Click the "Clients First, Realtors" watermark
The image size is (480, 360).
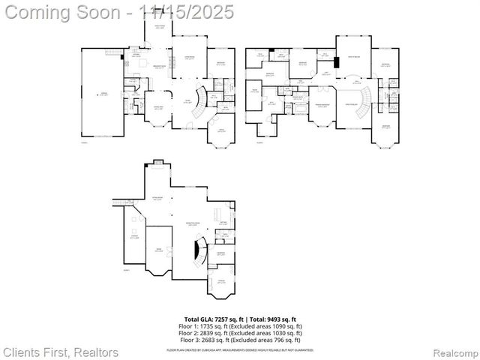pyautogui.click(x=60, y=352)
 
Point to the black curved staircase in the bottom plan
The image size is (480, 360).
pyautogui.click(x=198, y=251)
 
